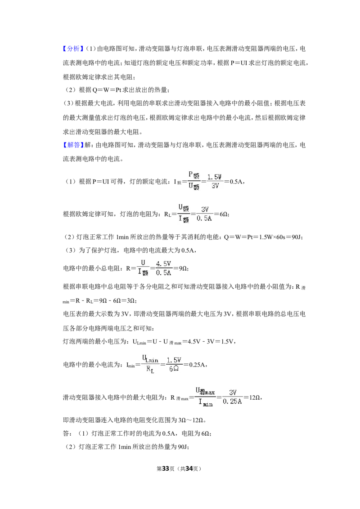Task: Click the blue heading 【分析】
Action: [73, 49]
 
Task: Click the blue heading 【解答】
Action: [73, 145]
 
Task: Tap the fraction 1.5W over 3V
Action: [215, 181]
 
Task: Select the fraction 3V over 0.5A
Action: [204, 214]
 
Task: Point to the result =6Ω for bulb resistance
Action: [221, 214]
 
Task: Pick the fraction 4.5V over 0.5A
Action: [163, 268]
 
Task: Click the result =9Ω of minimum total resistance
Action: [180, 269]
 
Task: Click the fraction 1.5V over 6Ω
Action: [174, 364]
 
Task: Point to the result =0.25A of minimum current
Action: [195, 365]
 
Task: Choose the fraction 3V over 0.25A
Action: [232, 397]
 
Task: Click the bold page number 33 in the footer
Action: [166, 469]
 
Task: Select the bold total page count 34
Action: [189, 469]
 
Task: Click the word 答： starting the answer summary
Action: [68, 433]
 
